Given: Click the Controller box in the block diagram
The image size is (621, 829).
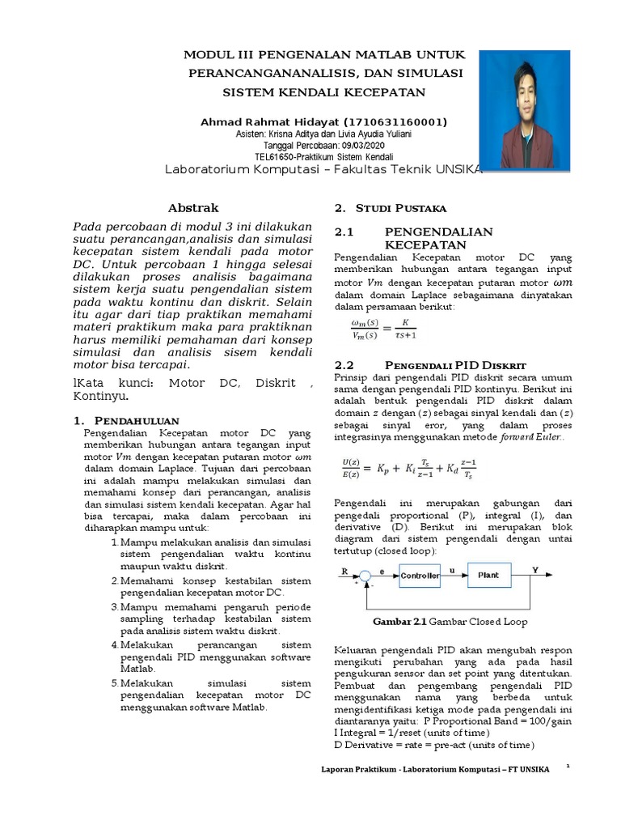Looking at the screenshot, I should click(x=420, y=576).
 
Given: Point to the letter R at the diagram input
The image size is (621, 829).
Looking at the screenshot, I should click(x=345, y=570).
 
